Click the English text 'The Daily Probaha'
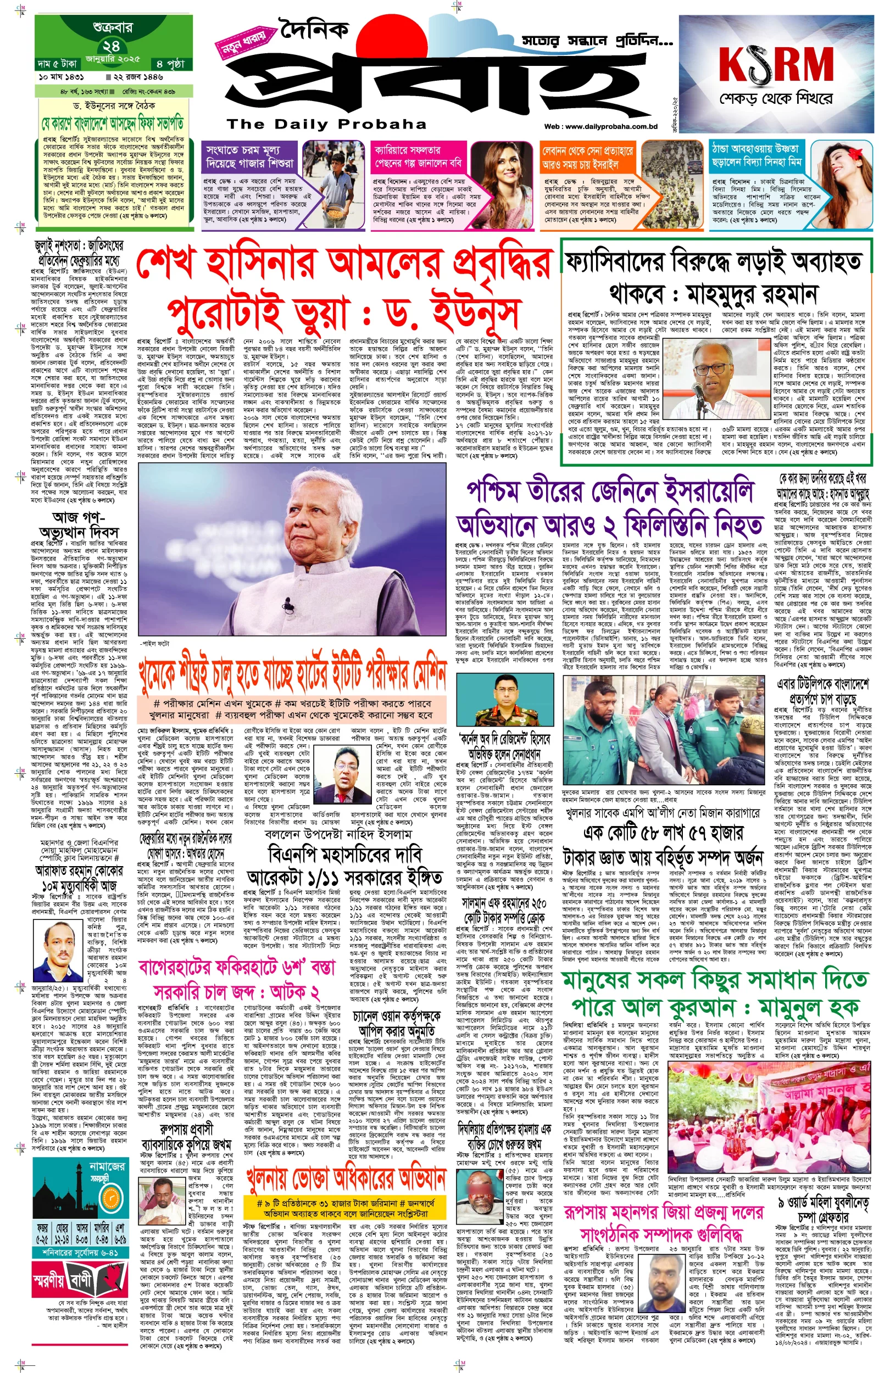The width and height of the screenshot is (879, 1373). click(326, 124)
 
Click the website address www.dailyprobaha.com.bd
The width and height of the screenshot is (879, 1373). click(600, 127)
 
